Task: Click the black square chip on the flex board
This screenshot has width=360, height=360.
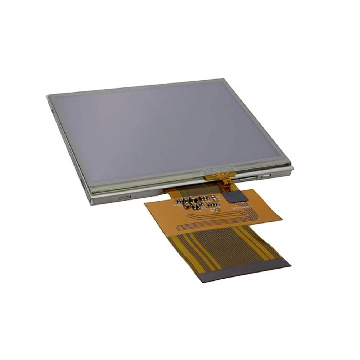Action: click(234, 197)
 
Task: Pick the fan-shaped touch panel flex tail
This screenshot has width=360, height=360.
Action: click(218, 177)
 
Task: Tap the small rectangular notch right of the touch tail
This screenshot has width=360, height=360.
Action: click(266, 176)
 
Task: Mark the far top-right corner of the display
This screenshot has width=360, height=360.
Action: click(220, 79)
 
